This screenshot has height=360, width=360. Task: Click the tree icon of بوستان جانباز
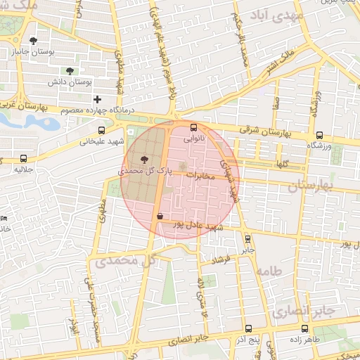[x=33, y=41]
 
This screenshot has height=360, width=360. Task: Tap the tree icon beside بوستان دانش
[x=69, y=71]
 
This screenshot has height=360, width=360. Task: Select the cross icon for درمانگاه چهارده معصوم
[x=97, y=100]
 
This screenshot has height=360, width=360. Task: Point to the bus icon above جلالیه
[x=25, y=158]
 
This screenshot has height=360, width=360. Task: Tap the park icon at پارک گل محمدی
[x=145, y=159]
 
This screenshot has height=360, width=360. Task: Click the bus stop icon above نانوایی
[x=195, y=127]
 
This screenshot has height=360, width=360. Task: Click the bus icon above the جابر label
[x=247, y=238]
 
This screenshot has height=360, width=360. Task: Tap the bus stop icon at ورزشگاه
[x=319, y=136]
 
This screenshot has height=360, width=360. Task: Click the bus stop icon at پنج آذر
[x=247, y=328]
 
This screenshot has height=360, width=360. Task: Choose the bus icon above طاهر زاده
[x=304, y=328]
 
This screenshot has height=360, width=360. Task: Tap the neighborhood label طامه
[x=269, y=271]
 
